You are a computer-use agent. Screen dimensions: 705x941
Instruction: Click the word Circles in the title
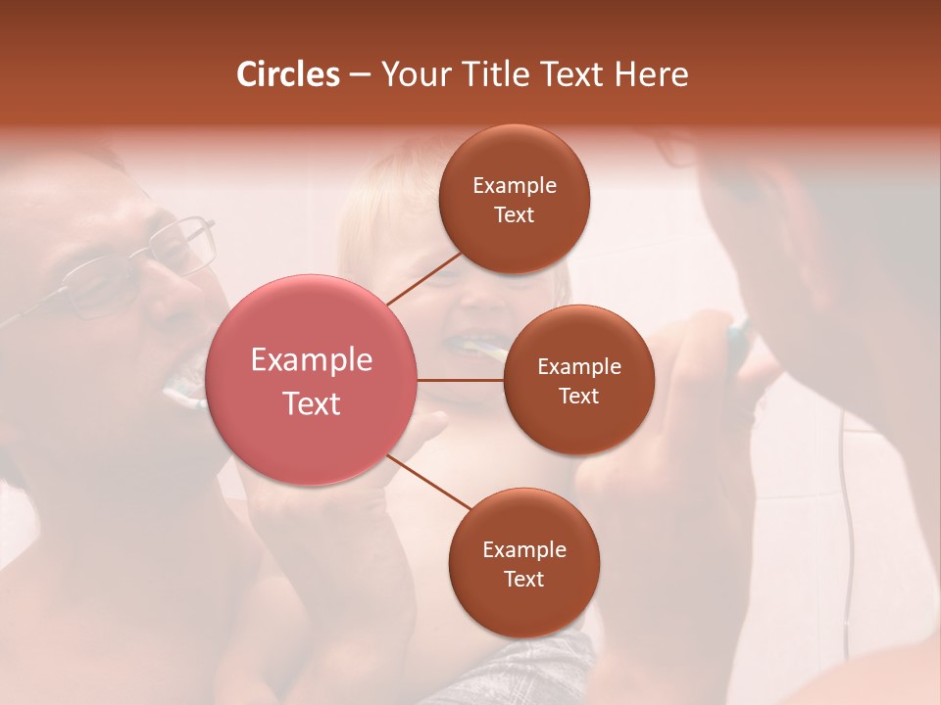coord(288,74)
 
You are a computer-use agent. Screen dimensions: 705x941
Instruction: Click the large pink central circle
coord(312,380)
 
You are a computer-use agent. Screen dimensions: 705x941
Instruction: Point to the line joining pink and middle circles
coord(461,380)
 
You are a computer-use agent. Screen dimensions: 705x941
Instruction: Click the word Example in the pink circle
coord(312,360)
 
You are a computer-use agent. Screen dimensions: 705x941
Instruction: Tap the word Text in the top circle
coord(514,215)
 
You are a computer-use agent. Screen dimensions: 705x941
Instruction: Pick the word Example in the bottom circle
coord(523,550)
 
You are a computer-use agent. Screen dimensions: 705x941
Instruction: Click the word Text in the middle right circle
coord(578,396)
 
